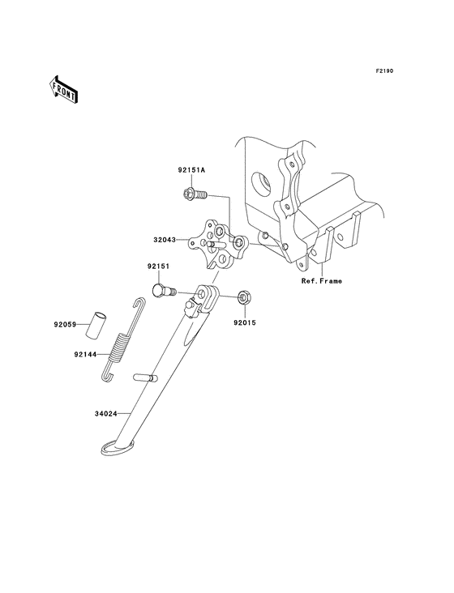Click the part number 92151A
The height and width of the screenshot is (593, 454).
point(192,171)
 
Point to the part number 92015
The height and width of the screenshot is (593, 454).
point(246,322)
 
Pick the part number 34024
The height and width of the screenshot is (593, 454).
point(105,412)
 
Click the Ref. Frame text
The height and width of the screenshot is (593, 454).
point(322,281)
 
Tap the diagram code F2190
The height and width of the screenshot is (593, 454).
point(383,72)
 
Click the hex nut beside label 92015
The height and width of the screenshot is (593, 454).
point(244,299)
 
